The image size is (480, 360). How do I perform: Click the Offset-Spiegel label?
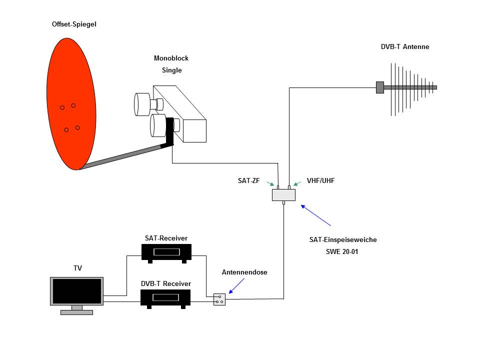pos(74,24)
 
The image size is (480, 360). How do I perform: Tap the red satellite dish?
pos(71,104)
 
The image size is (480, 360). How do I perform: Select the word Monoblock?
pos(171,58)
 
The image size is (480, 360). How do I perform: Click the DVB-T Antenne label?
pos(405,47)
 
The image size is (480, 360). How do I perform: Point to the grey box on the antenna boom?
pos(380,87)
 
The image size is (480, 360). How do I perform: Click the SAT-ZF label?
pos(248,180)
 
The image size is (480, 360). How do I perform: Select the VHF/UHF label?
pos(321,180)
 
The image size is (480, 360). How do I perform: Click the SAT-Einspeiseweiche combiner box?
pos(284,195)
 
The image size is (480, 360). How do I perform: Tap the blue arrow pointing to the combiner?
pos(316,215)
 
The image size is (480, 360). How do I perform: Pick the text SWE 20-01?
pos(342,251)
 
